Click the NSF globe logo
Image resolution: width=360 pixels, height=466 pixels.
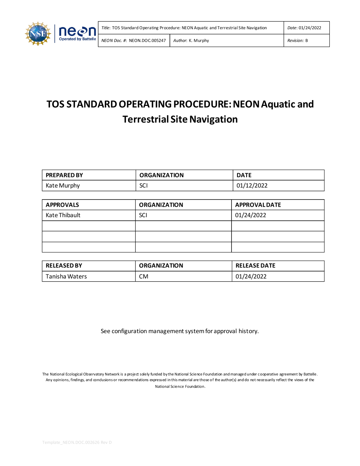[x=37, y=34]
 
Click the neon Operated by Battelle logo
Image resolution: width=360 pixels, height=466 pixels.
[x=77, y=34]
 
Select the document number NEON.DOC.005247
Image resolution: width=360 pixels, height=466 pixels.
[x=147, y=41]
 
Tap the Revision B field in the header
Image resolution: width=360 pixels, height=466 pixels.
[x=298, y=41]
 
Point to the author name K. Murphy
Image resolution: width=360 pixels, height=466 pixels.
[x=199, y=41]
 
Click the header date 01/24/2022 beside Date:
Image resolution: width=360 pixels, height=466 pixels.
[x=310, y=28]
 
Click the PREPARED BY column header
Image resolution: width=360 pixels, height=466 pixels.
[x=64, y=175]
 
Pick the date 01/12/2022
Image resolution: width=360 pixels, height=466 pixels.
[x=252, y=186]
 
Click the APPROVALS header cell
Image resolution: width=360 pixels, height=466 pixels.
[x=62, y=205]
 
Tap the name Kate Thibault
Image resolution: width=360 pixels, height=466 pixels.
[x=63, y=215]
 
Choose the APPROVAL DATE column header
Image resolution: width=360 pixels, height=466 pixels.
[x=258, y=205]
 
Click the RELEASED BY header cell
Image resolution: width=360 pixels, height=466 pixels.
[x=64, y=266]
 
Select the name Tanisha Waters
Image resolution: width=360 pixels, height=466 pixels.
[x=66, y=277]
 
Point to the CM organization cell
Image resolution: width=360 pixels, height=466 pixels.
[x=144, y=277]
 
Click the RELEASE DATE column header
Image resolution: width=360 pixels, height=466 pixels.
[x=255, y=266]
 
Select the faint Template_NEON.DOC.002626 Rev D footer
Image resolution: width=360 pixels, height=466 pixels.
[x=77, y=442]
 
